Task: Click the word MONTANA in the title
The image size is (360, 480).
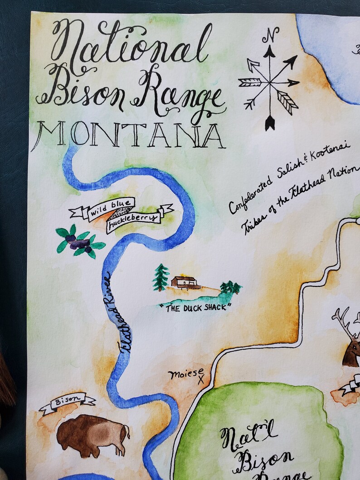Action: pos(128,135)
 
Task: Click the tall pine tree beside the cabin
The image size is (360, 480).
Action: pos(161,277)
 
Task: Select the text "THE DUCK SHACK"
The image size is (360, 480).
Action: pos(196,306)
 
